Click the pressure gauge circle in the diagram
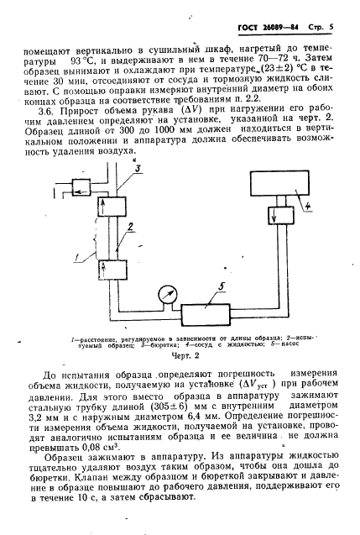[161, 294]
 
